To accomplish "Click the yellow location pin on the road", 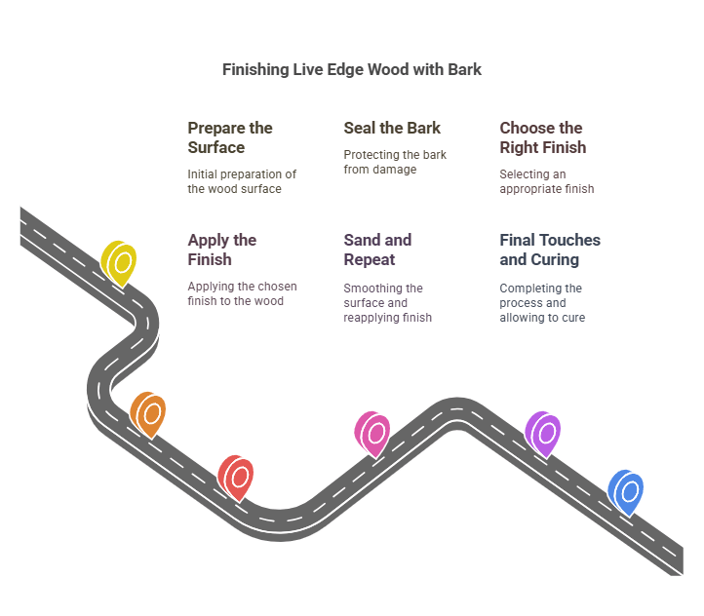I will coord(120,262).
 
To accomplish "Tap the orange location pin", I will coord(148,413).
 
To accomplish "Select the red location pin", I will coord(236,476).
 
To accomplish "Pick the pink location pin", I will coord(372,433).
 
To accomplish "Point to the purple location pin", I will coord(543,433).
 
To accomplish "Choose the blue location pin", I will coord(626,490).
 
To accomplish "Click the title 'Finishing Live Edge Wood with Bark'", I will coord(352,70).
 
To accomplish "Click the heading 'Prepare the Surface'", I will coord(230,137).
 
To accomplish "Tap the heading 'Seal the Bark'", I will coord(392,128).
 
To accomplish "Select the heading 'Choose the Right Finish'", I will coord(543,137).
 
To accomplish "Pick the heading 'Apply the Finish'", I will coord(222,250).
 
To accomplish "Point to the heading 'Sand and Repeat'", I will coord(377,250).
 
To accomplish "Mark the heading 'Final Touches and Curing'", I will coord(550,250).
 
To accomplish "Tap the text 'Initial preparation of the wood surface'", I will coord(242,181).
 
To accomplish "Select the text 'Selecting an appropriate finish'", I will coord(547,181).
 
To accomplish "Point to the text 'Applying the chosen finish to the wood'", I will coord(242,293).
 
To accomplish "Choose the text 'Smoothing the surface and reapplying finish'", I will coord(387,302).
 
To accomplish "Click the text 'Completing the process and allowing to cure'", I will coord(542,302).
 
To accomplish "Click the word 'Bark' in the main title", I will coord(463,70).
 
